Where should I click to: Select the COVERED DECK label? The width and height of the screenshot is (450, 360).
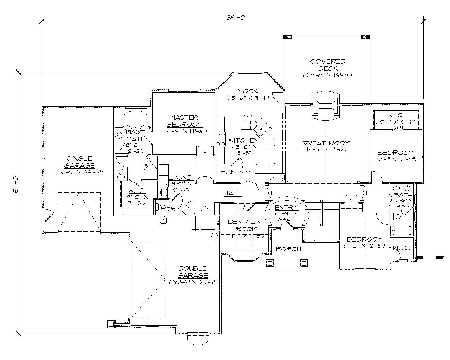328,65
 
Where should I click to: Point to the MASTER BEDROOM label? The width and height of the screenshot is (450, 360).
184,121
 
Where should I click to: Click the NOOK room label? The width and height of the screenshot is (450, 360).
248,91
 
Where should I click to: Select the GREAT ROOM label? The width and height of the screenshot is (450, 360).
326,143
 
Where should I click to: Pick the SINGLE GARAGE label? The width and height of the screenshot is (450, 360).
79,162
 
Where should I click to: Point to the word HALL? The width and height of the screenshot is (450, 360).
232,193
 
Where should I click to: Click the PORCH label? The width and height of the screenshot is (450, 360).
288,249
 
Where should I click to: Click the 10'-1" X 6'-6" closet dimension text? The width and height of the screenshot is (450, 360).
396,122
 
